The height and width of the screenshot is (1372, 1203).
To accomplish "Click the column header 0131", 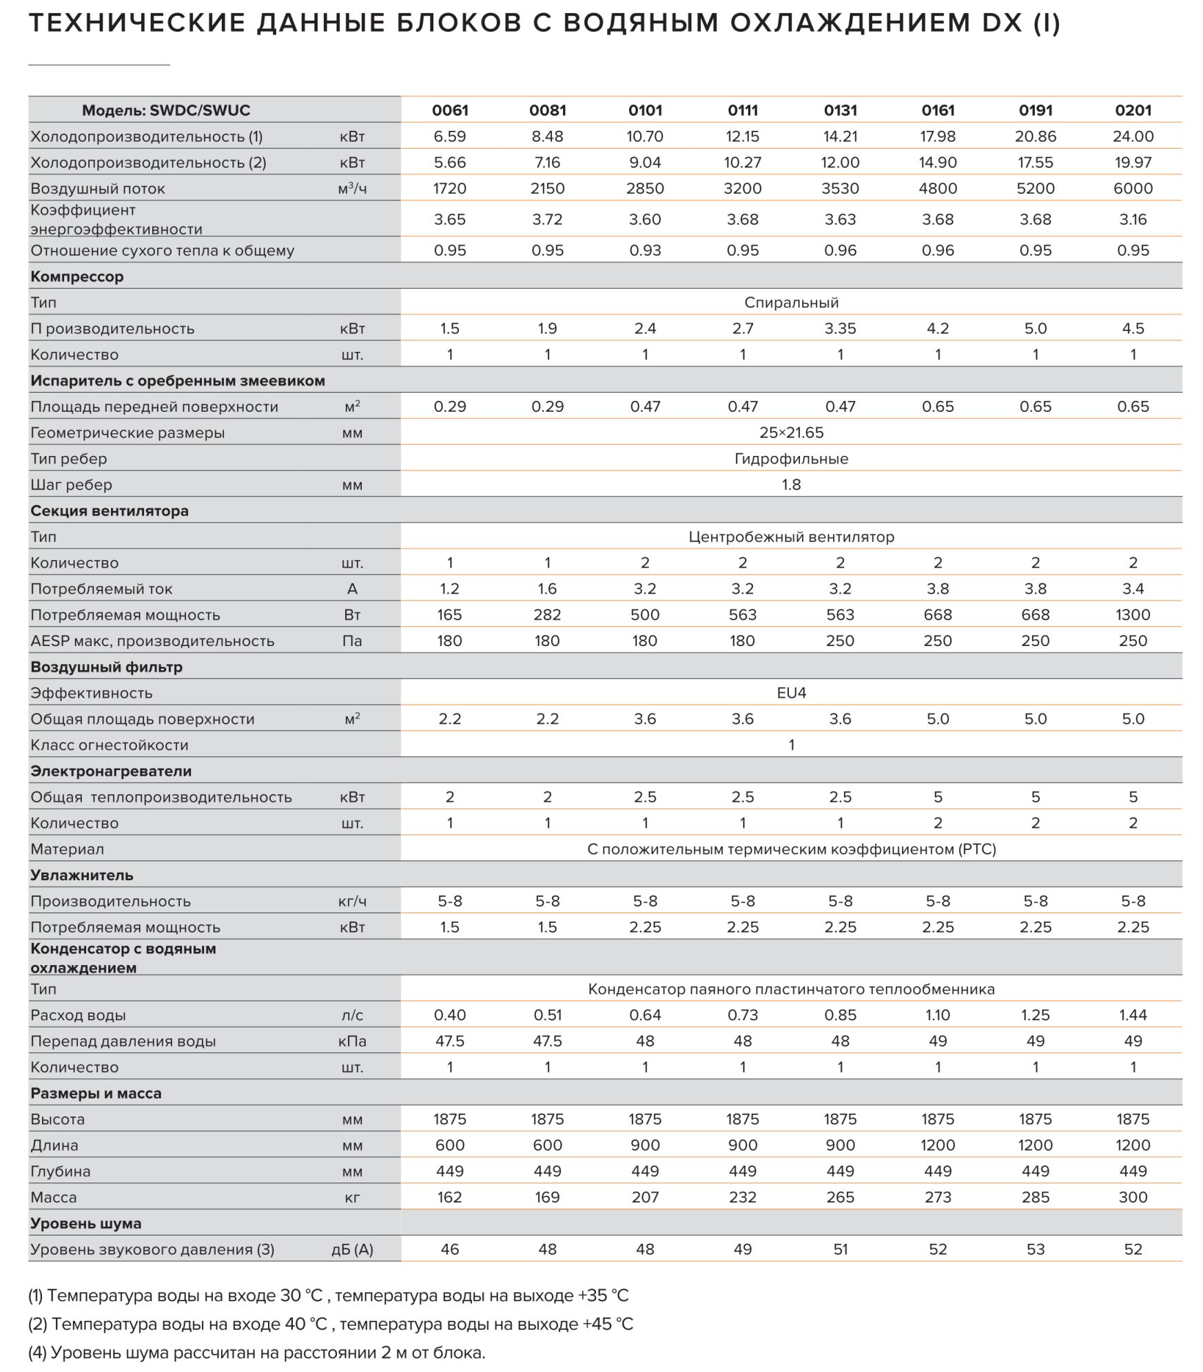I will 840,110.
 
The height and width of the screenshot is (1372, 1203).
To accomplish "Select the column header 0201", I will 1133,110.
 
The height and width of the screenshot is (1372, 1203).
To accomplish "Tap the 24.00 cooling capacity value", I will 1133,136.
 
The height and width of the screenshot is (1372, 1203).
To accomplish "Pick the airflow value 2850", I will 645,188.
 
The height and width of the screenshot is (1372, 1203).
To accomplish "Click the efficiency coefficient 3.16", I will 1133,219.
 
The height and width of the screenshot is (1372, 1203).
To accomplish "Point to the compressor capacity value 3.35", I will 840,329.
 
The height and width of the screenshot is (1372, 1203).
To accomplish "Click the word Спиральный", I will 791,302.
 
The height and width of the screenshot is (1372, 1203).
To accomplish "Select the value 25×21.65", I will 791,433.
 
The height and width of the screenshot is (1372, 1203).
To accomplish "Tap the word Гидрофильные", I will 791,459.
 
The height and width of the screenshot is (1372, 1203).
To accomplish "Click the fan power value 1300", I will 1133,614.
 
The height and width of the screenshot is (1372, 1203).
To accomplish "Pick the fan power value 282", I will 547,614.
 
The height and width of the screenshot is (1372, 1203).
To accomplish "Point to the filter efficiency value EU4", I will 791,693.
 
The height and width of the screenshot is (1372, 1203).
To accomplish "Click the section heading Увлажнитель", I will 82,875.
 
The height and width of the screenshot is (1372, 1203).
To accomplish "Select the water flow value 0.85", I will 840,1015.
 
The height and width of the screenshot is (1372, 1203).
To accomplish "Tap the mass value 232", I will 742,1197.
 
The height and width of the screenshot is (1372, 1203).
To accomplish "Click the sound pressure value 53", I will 1035,1249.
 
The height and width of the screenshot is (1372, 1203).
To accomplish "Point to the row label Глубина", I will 61,1171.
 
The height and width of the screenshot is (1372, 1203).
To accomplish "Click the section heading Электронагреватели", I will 111,771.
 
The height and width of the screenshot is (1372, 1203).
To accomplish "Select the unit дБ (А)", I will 352,1249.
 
